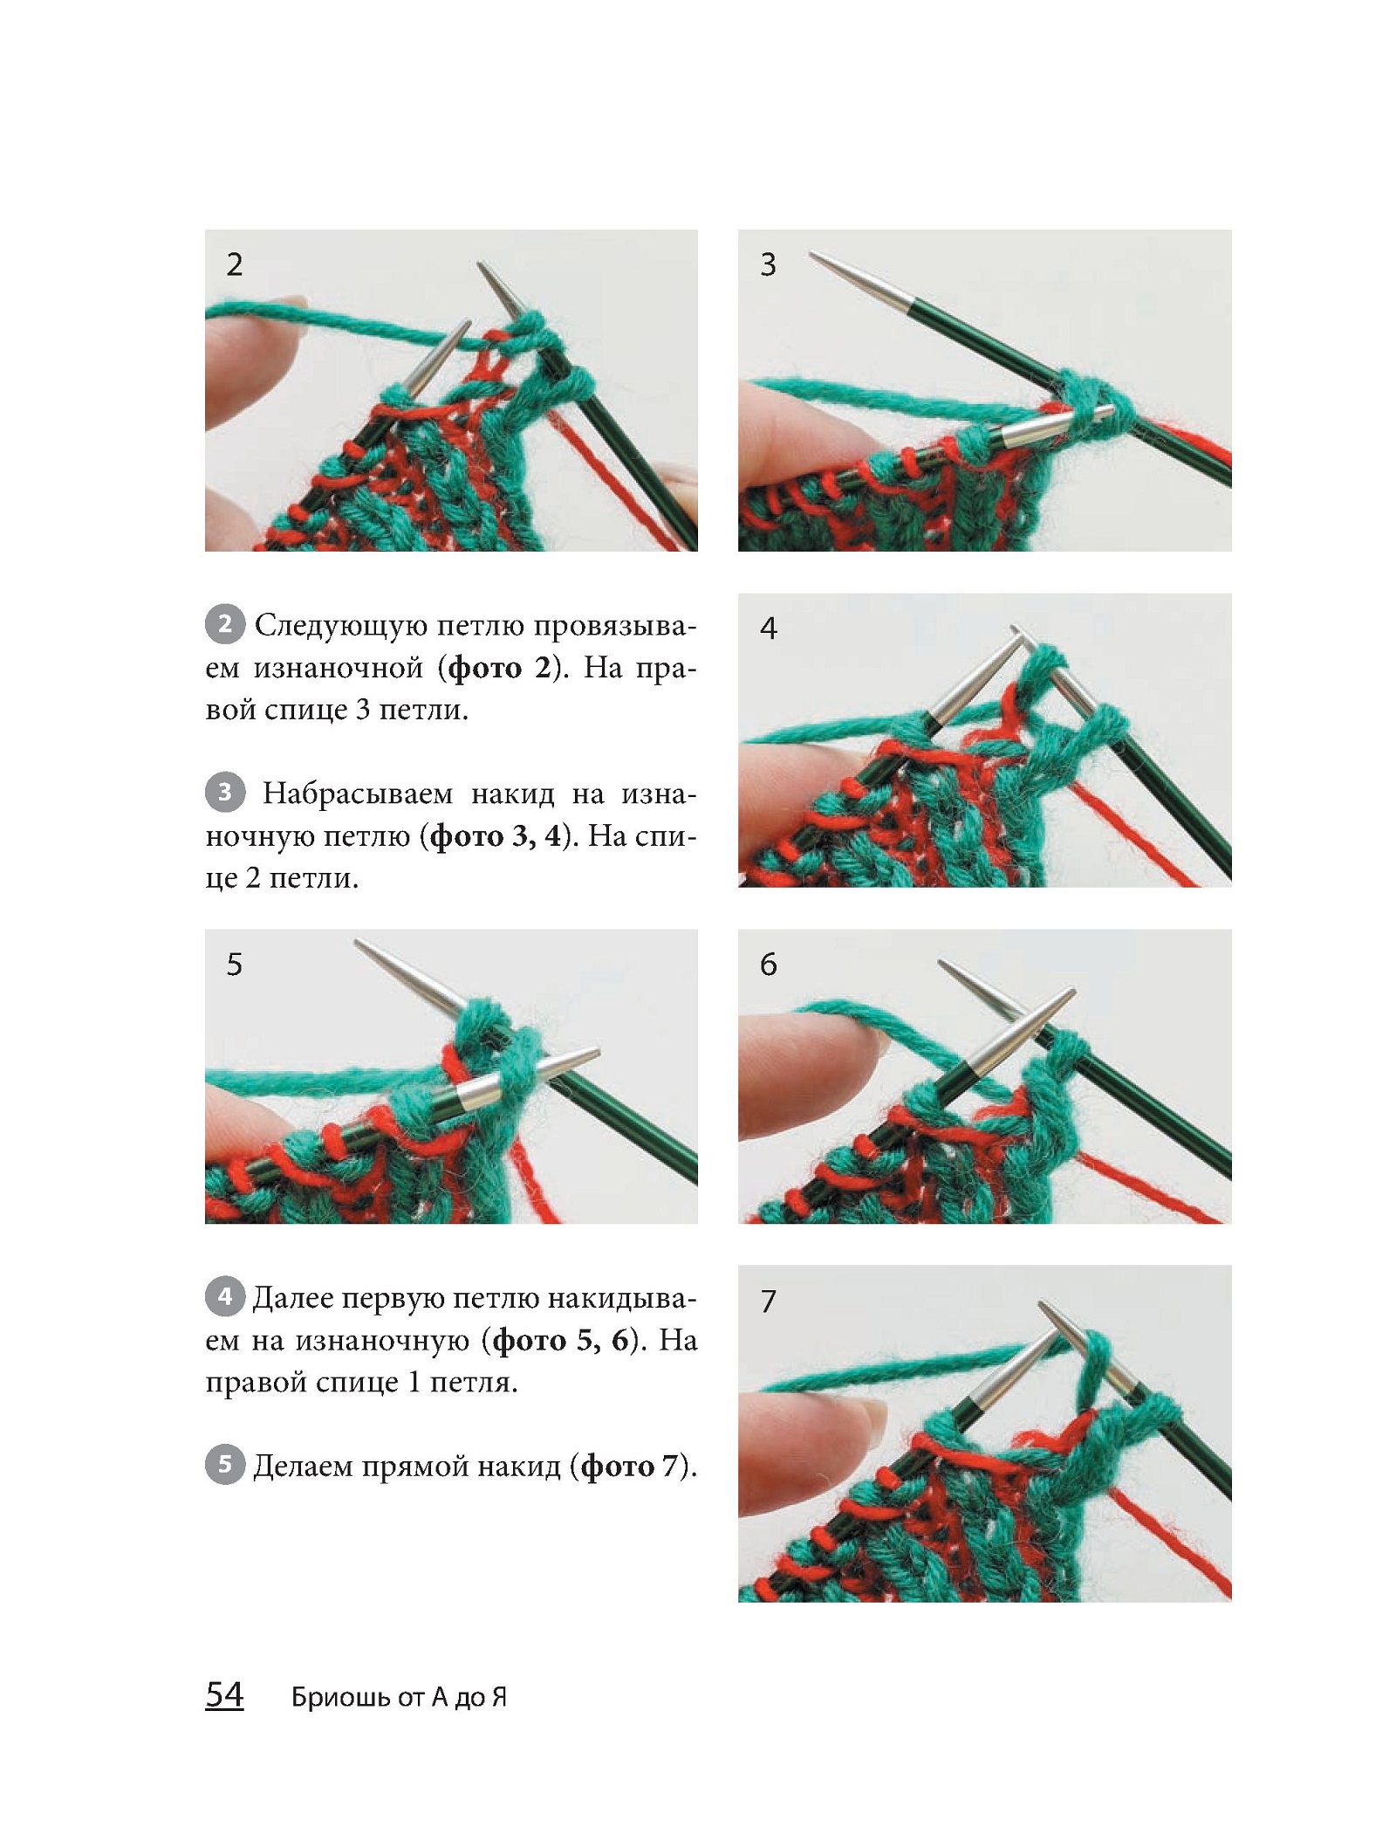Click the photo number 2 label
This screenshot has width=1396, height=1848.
coord(234,264)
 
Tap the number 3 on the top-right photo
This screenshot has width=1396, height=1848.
coord(768,264)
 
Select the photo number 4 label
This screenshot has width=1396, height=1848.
coord(768,628)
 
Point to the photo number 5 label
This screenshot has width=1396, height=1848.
coord(234,965)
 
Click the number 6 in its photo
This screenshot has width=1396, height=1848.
coord(768,965)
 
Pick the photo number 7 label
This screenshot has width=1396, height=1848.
coord(768,1302)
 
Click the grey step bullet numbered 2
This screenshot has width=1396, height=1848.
coord(225,624)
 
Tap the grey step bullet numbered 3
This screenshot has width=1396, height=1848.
coord(225,792)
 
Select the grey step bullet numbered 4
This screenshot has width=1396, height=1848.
coord(225,1296)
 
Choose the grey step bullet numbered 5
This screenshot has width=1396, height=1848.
coord(225,1464)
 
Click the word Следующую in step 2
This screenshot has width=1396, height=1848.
coord(340,627)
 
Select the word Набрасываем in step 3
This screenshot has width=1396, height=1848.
coord(358,794)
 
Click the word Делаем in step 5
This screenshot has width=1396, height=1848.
coord(304,1466)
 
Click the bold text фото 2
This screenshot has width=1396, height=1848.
coord(500,669)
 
